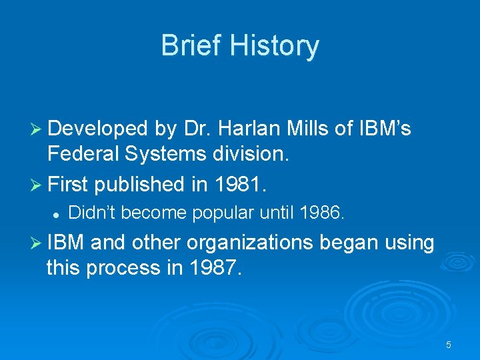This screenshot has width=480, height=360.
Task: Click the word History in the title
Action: coord(276,46)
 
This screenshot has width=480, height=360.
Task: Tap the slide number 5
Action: coord(449,345)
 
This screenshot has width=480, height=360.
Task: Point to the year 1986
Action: coord(323,213)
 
